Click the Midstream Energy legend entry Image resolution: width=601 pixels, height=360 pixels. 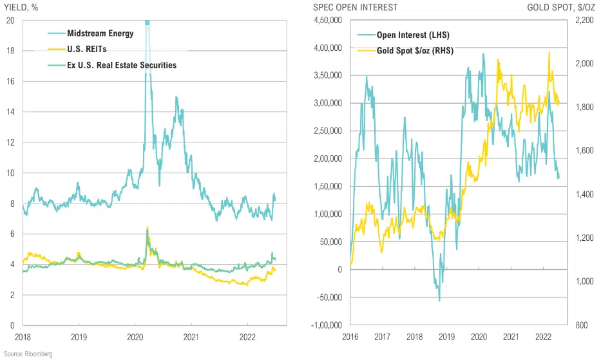coord(100,33)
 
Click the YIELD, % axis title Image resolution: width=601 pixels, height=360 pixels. coord(25,7)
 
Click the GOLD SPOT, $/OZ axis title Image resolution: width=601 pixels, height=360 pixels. coord(560,7)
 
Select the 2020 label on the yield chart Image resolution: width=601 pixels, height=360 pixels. coord(135,337)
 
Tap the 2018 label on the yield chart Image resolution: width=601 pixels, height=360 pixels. coord(23,337)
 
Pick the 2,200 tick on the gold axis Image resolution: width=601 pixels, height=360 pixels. coord(580,20)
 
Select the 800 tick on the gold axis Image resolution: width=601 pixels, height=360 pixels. coord(580,325)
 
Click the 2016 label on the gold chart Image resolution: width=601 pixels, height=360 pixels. coord(350,337)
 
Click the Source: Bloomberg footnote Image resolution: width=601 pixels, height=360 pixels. coord(28,354)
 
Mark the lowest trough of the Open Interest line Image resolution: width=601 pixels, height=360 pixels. coord(439,301)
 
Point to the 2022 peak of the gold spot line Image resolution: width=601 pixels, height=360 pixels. coord(549,53)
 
